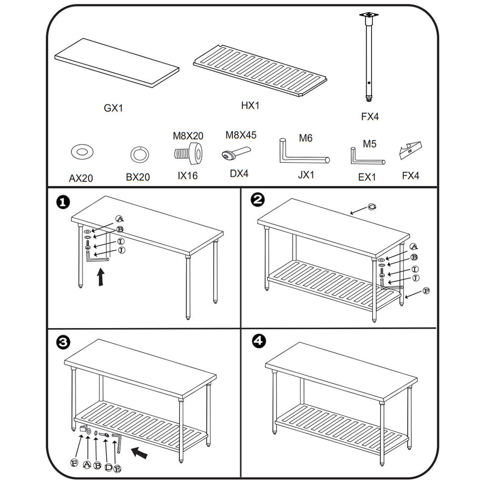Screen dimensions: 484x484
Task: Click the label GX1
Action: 113,108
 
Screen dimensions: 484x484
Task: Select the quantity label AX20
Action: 81,178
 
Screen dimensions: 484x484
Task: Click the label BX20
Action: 138,177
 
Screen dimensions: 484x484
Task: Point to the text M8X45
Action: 241,135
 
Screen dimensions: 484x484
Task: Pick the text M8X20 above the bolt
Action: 188,136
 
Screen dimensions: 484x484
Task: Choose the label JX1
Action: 306,175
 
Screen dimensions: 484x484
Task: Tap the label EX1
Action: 367,177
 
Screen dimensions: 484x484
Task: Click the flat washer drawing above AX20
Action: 82,152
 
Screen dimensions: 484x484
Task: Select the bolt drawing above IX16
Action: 189,152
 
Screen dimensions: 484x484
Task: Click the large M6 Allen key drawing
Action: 302,154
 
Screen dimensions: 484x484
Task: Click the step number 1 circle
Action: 62,202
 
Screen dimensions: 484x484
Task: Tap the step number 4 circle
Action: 258,341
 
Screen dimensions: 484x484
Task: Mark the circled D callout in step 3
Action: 108,467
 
